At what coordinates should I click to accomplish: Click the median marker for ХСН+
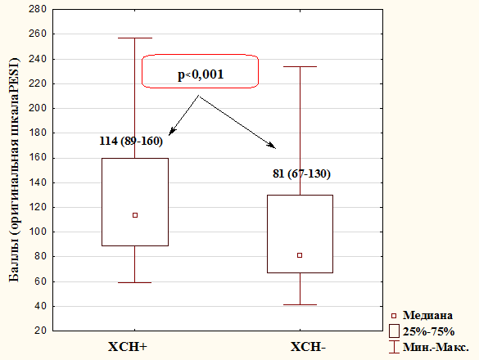tap(135, 215)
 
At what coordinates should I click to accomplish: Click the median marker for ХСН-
tap(300, 255)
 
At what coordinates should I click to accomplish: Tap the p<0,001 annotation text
tap(201, 74)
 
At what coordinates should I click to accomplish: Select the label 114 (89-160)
tap(131, 141)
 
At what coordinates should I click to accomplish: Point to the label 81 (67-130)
tap(301, 173)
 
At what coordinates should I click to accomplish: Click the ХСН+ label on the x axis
tap(128, 347)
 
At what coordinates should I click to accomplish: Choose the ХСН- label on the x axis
tap(308, 347)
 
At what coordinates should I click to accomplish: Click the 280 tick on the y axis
tap(38, 9)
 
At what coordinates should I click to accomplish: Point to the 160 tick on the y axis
tap(38, 158)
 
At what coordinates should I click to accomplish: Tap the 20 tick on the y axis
tap(41, 331)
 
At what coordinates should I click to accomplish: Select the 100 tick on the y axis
tap(38, 232)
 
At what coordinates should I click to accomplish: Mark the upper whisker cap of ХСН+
tap(135, 38)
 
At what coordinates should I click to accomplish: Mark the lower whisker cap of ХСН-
tap(300, 304)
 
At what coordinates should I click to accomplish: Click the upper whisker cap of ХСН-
tap(300, 66)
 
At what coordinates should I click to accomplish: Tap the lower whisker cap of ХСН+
tap(135, 282)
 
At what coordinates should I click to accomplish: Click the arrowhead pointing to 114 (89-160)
tap(172, 132)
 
